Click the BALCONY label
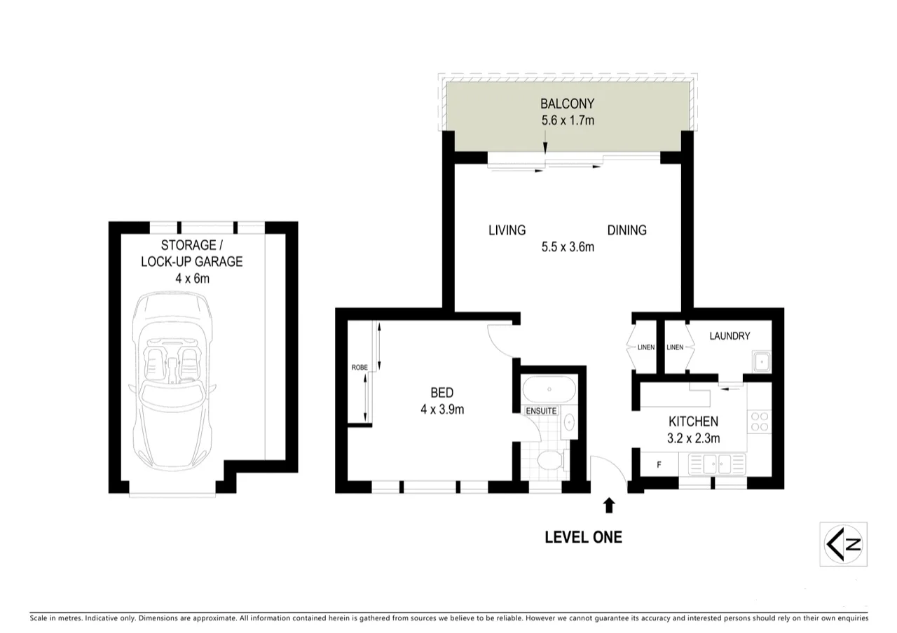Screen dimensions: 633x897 point(567,104)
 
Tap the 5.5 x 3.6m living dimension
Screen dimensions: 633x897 point(568,246)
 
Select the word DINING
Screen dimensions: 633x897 point(626,230)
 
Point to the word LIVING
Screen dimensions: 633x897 point(507,230)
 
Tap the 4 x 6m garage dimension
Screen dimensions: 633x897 point(192,278)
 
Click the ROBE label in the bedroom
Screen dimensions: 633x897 point(360,368)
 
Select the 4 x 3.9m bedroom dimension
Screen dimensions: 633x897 point(442,410)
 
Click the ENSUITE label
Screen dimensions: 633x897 point(542,411)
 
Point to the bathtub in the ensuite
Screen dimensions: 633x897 point(549,389)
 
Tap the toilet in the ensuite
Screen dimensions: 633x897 point(550,460)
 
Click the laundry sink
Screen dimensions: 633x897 point(761,363)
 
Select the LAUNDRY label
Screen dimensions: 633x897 point(730,336)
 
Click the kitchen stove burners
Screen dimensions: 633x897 point(760,421)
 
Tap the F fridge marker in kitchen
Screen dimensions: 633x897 point(658,464)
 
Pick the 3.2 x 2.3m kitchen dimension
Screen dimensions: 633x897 point(693,439)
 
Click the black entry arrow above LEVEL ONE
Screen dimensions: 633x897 point(609,504)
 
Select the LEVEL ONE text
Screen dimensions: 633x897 point(583,538)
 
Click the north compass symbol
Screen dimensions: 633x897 point(843,544)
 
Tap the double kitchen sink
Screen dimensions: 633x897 point(718,463)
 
